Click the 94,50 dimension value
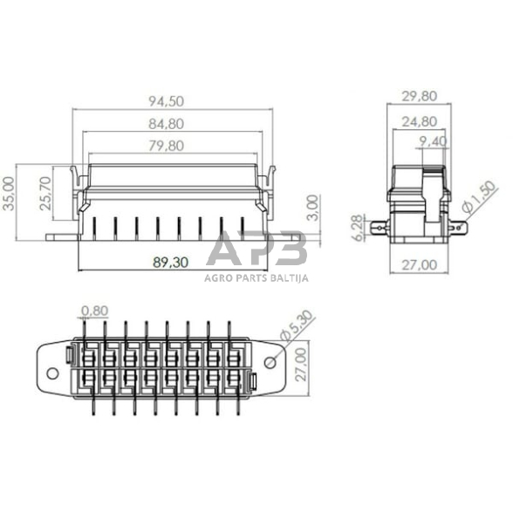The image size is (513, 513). coord(172,102)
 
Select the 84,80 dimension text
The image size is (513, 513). coord(172,124)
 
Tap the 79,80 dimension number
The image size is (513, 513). coord(167,146)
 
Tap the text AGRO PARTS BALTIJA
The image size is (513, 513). coord(256,277)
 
